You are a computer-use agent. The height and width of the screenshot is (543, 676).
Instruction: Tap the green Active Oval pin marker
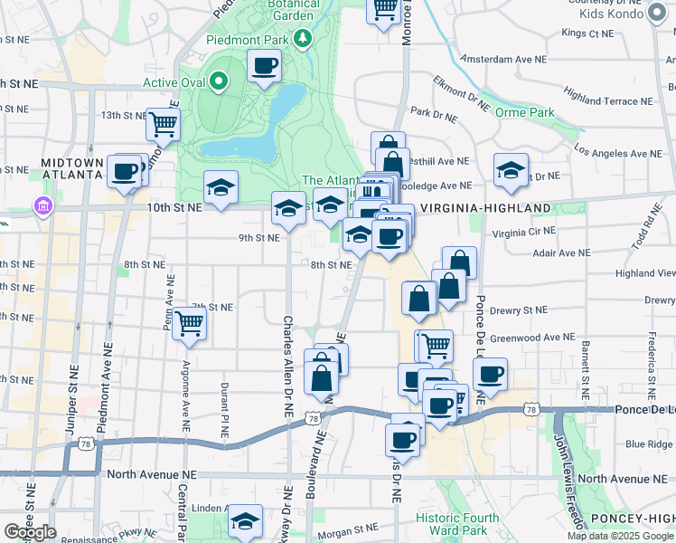coord(219,82)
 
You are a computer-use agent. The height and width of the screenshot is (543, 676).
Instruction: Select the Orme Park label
coord(524,113)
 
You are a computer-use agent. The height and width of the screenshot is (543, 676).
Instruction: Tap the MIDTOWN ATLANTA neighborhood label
coord(71,167)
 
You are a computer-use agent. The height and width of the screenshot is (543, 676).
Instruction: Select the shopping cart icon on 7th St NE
coord(189,322)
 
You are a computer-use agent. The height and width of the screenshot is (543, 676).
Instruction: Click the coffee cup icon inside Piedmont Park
coord(264,66)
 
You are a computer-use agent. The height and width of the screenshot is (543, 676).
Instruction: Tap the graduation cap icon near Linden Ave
coord(244,521)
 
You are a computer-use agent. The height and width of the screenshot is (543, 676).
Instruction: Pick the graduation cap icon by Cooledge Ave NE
coord(511,169)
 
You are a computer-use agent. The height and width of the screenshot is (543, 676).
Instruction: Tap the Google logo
coord(31,532)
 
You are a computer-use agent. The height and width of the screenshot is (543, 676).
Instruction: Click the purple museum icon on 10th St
coord(42,207)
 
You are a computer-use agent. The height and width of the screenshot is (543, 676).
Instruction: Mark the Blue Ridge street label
coord(649,443)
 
